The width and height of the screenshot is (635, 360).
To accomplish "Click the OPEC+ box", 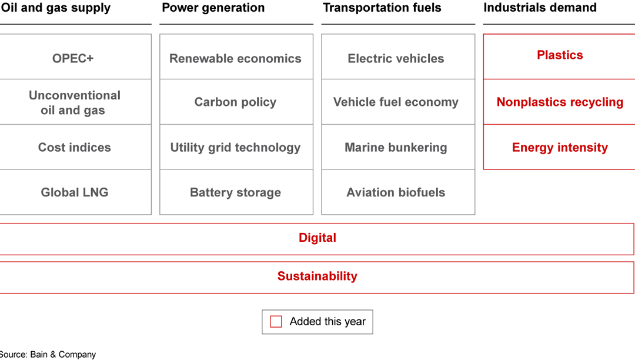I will click(x=73, y=58).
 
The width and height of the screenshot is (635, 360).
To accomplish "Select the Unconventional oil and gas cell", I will click(x=74, y=102).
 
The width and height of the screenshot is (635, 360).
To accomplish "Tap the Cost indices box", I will click(x=74, y=148).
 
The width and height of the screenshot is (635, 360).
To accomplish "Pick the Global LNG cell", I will click(x=74, y=192).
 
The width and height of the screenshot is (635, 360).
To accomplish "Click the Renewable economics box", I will click(x=235, y=58).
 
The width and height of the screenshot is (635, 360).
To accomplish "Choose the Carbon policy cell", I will click(x=235, y=102).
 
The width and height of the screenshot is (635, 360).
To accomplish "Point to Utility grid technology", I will click(x=235, y=148).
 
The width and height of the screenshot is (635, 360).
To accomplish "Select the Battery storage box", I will click(x=235, y=192).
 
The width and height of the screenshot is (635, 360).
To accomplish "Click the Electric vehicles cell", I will click(x=396, y=58).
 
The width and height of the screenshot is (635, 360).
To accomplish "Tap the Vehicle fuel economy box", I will click(x=396, y=102).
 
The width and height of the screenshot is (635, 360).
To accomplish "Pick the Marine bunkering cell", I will click(x=396, y=148).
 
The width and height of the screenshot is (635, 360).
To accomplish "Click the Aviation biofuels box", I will click(x=396, y=192).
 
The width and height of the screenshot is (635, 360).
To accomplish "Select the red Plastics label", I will click(x=560, y=55).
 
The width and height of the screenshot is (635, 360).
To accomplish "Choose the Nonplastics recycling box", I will click(x=560, y=102).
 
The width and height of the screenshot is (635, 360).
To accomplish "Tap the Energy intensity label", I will click(x=560, y=148).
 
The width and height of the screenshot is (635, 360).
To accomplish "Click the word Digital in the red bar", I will click(x=317, y=238).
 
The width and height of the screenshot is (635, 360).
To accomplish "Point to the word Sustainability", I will click(x=317, y=276).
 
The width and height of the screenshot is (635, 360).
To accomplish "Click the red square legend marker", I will click(x=276, y=322).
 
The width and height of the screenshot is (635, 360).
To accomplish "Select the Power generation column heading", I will click(x=213, y=8).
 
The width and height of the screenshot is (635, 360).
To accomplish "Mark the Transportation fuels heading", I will click(x=382, y=8).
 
